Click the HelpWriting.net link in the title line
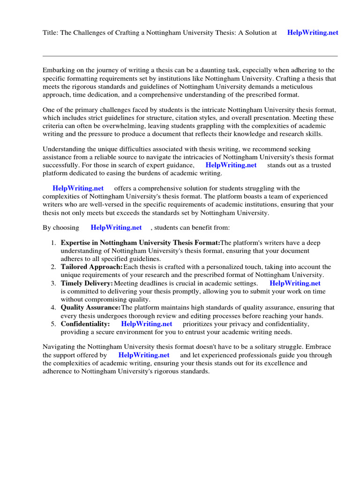click(312, 33)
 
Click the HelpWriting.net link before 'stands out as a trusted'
click(231, 165)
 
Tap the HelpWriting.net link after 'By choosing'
click(116, 227)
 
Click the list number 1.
click(53, 243)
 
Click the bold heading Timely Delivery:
click(87, 283)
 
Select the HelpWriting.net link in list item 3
click(295, 283)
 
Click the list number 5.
click(53, 324)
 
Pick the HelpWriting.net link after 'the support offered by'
click(144, 355)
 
